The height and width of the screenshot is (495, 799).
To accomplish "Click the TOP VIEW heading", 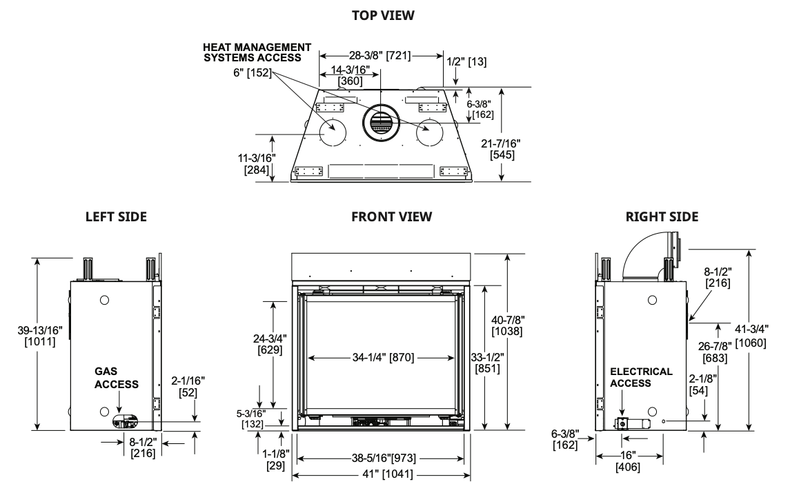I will (383, 15).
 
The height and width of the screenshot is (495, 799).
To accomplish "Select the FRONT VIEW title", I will (391, 216).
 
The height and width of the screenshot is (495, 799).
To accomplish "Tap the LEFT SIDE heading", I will (116, 216).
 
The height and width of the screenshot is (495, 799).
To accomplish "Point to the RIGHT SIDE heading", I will (662, 216).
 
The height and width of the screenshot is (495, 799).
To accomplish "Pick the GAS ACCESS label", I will (116, 378).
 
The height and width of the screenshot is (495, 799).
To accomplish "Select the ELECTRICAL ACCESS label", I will (641, 377).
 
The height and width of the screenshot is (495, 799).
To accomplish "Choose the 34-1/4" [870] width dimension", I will (381, 358).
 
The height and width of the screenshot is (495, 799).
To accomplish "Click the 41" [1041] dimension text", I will (382, 475).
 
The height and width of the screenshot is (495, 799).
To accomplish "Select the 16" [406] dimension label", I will (628, 461).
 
